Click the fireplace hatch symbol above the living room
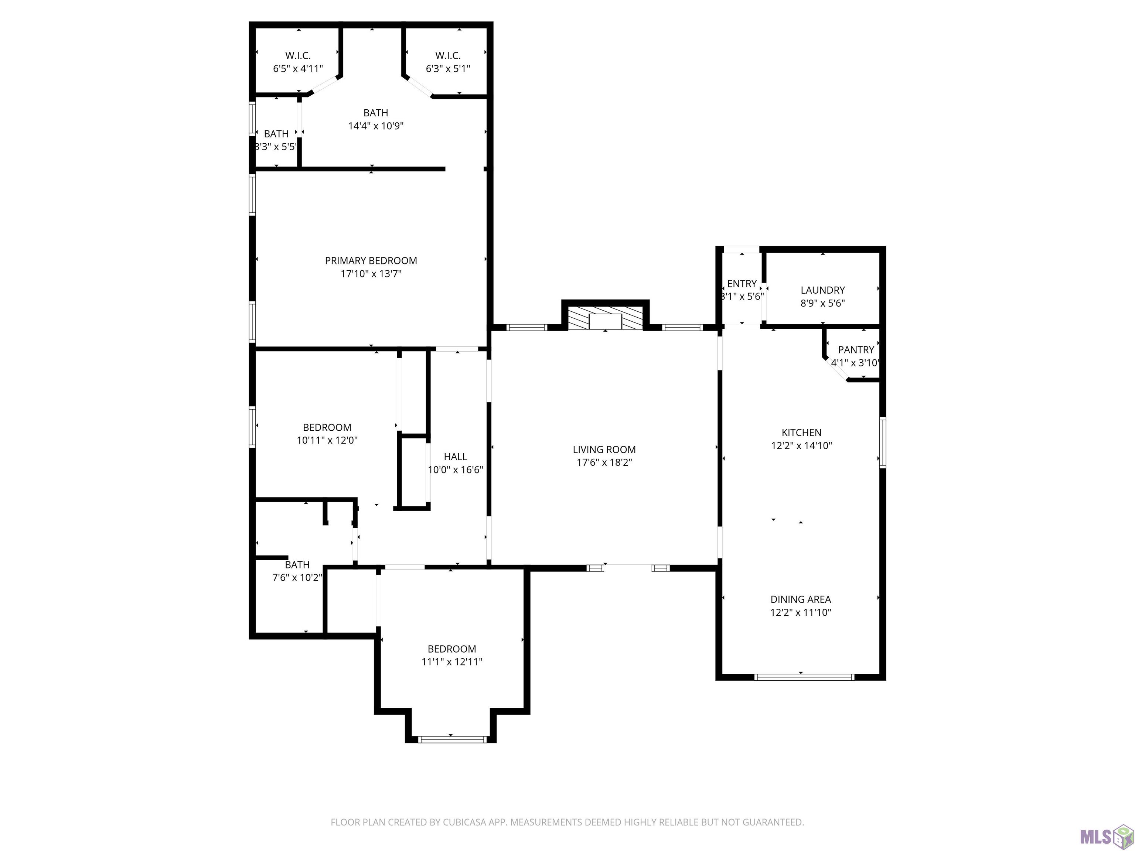tap(606, 318)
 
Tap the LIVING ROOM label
tap(604, 450)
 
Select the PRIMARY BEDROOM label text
tap(371, 261)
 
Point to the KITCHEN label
tap(801, 433)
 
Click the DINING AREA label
tap(801, 599)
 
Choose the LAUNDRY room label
tap(822, 290)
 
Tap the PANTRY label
tap(856, 349)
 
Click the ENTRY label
tap(742, 284)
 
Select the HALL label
tap(456, 457)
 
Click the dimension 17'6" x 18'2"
tap(604, 462)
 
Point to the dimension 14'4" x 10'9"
tap(376, 126)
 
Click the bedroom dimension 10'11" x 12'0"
tap(327, 440)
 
